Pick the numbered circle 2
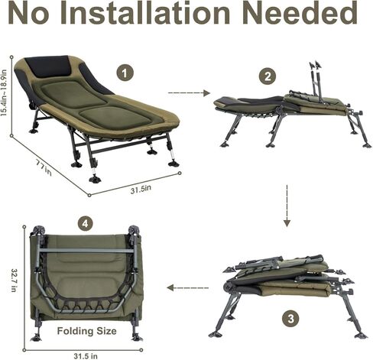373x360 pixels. pos(267,76)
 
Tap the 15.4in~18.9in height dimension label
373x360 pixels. pos(6,90)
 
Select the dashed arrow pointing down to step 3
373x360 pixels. pos(287,204)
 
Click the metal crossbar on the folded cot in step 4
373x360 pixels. pos(84,249)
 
